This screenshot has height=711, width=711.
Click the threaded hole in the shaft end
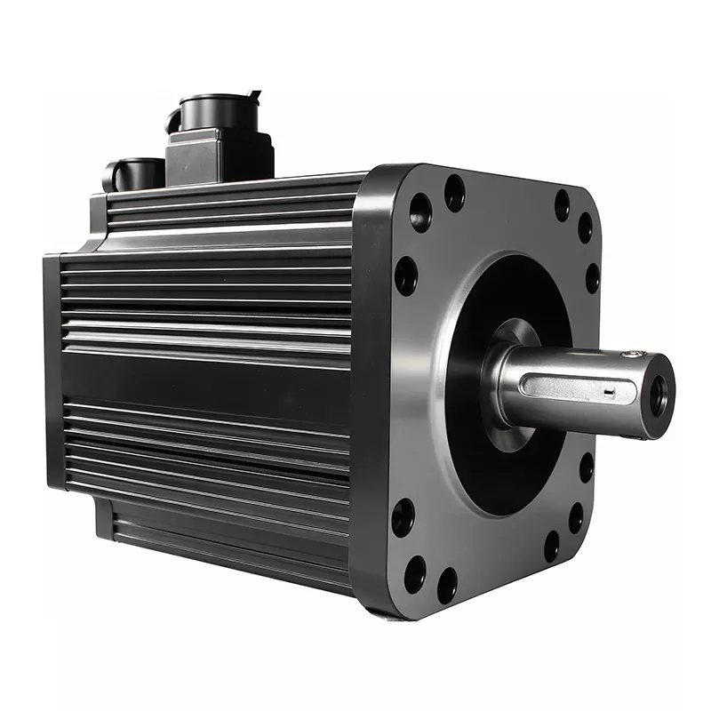[658, 396]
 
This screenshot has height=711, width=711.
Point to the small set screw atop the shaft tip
[632, 355]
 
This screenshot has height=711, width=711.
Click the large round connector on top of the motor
[213, 114]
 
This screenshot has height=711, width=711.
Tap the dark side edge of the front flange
[369, 391]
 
